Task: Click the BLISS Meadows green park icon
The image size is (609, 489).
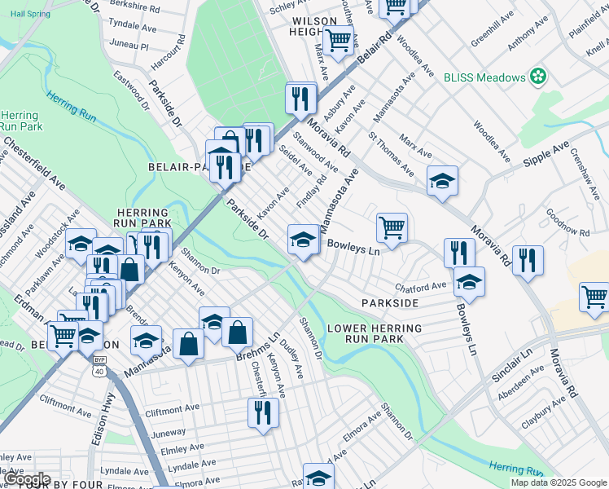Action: tap(537, 77)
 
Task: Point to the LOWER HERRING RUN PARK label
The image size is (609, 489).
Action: tap(375, 333)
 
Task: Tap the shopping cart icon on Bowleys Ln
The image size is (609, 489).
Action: tap(392, 227)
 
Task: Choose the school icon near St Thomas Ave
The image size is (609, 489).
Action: tap(442, 180)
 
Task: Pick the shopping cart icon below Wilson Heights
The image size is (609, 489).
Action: tap(338, 39)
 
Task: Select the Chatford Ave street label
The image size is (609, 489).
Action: tap(421, 286)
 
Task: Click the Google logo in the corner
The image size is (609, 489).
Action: tap(26, 478)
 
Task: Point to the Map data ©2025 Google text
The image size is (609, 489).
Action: tap(557, 482)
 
